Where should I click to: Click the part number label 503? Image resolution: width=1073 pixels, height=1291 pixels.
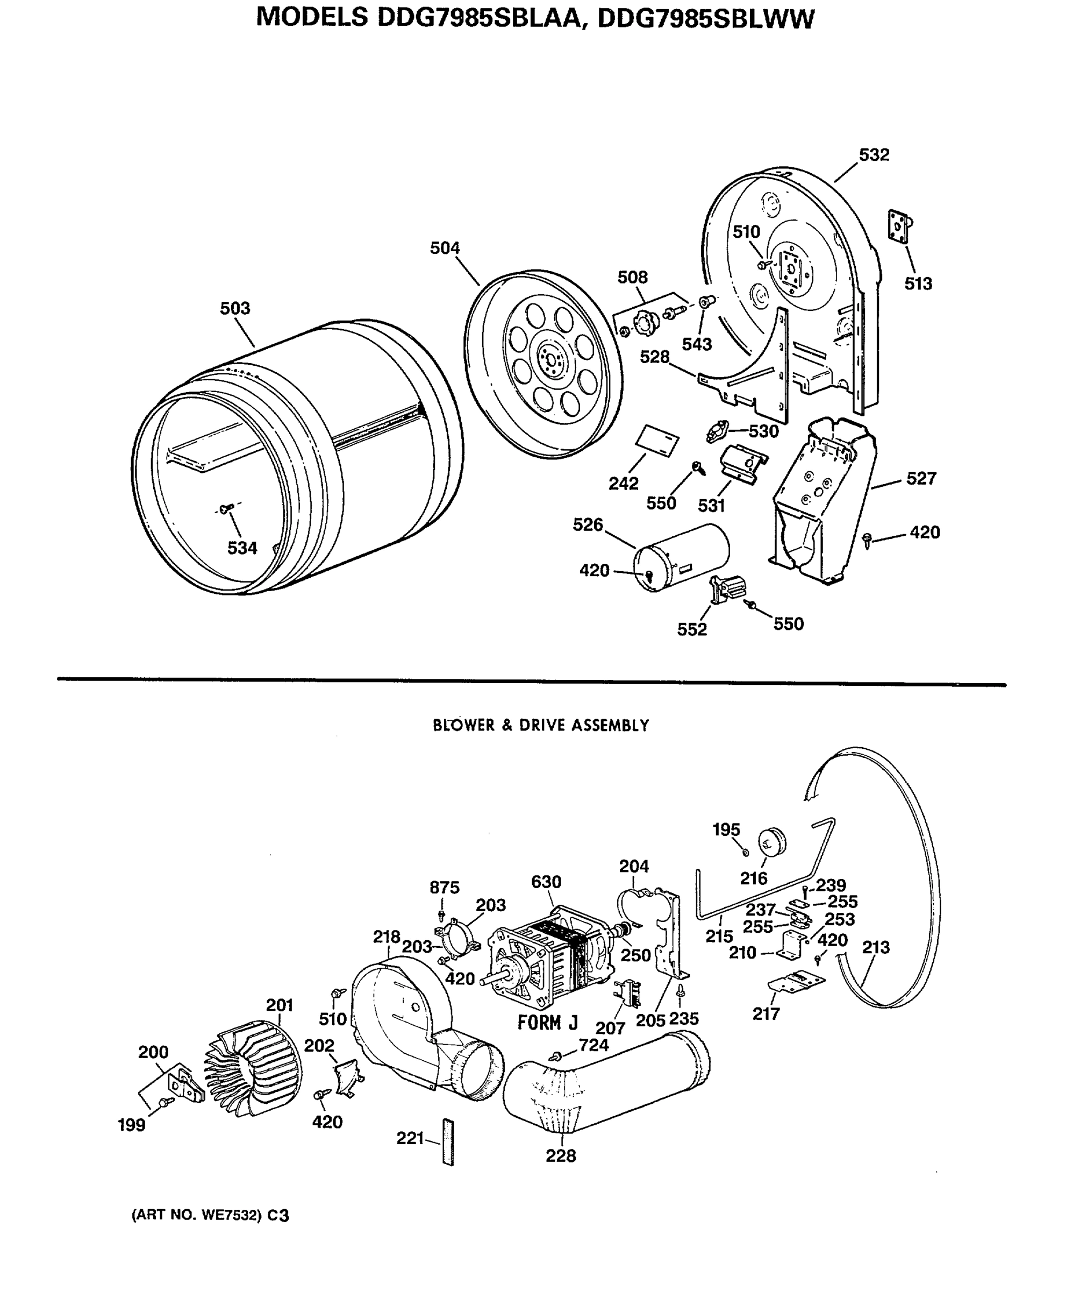(x=235, y=308)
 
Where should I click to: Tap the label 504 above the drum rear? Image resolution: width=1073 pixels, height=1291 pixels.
(x=445, y=248)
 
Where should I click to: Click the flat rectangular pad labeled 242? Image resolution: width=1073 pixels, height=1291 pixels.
(x=657, y=439)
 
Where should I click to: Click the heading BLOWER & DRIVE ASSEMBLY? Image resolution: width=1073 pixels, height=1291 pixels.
(x=541, y=726)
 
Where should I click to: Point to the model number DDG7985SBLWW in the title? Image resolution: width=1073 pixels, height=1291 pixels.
(x=705, y=18)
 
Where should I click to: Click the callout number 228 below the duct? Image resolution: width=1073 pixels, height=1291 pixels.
(x=561, y=1156)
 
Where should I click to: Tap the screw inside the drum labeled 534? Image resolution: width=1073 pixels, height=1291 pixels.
(x=226, y=509)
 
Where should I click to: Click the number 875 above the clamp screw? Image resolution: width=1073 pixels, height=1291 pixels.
(x=445, y=887)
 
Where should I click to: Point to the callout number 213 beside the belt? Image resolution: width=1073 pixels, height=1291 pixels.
(x=875, y=947)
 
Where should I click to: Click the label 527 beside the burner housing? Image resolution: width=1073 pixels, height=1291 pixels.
(x=920, y=478)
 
